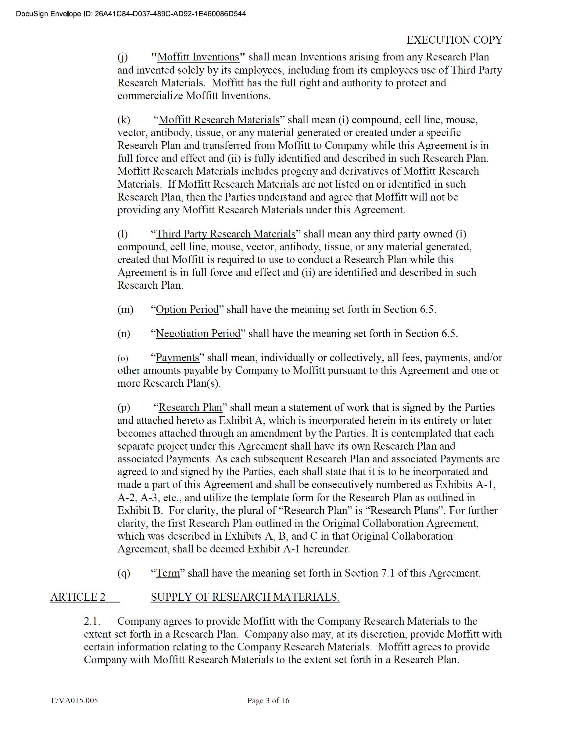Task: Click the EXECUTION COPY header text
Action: tap(454, 40)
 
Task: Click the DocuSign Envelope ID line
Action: tap(131, 14)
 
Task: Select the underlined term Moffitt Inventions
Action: tap(198, 57)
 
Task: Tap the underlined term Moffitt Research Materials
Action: tap(219, 120)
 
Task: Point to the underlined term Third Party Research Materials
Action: tap(226, 234)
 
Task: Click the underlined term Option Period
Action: tap(187, 309)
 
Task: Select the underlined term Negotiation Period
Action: tap(198, 334)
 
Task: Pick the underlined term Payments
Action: tap(178, 357)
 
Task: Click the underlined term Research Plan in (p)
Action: tap(191, 407)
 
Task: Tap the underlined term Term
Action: tap(168, 573)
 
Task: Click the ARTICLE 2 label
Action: tap(78, 597)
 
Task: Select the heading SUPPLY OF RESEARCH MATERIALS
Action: tap(245, 597)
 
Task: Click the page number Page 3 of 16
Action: tap(268, 700)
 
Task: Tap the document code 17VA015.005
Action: tap(74, 700)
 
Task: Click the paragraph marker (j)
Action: tap(123, 57)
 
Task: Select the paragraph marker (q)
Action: tap(123, 573)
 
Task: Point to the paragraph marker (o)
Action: tap(123, 358)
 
